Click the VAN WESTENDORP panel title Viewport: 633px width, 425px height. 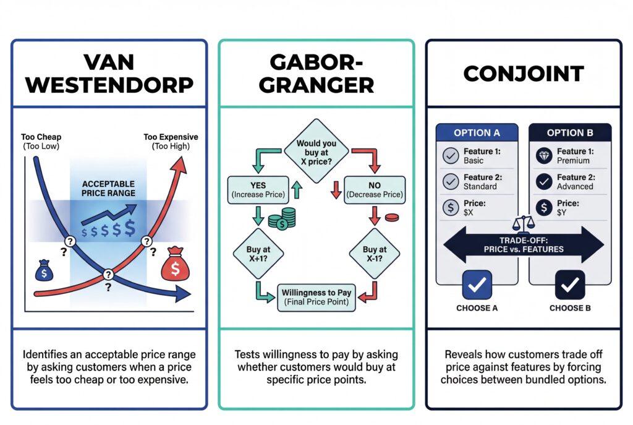coord(109,74)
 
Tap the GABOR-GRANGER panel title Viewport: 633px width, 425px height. coord(316,74)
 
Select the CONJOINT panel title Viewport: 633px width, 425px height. coord(523,74)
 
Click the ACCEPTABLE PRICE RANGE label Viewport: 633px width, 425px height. coord(108,189)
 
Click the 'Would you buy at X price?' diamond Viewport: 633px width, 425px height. coord(316,152)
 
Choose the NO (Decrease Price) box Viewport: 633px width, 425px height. coord(375,190)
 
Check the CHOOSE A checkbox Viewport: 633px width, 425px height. coord(477,285)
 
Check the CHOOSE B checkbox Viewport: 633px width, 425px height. coord(569,285)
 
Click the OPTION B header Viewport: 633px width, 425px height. coord(569,133)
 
